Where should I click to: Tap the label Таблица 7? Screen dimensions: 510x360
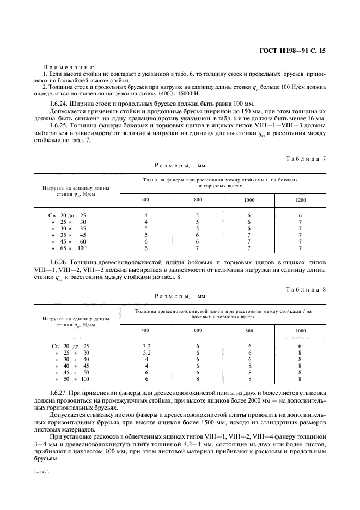click(x=306, y=159)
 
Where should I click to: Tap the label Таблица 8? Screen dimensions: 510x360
click(x=306, y=289)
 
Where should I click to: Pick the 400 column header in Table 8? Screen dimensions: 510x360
click(x=145, y=330)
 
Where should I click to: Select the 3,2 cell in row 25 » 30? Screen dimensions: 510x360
click(x=146, y=353)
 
